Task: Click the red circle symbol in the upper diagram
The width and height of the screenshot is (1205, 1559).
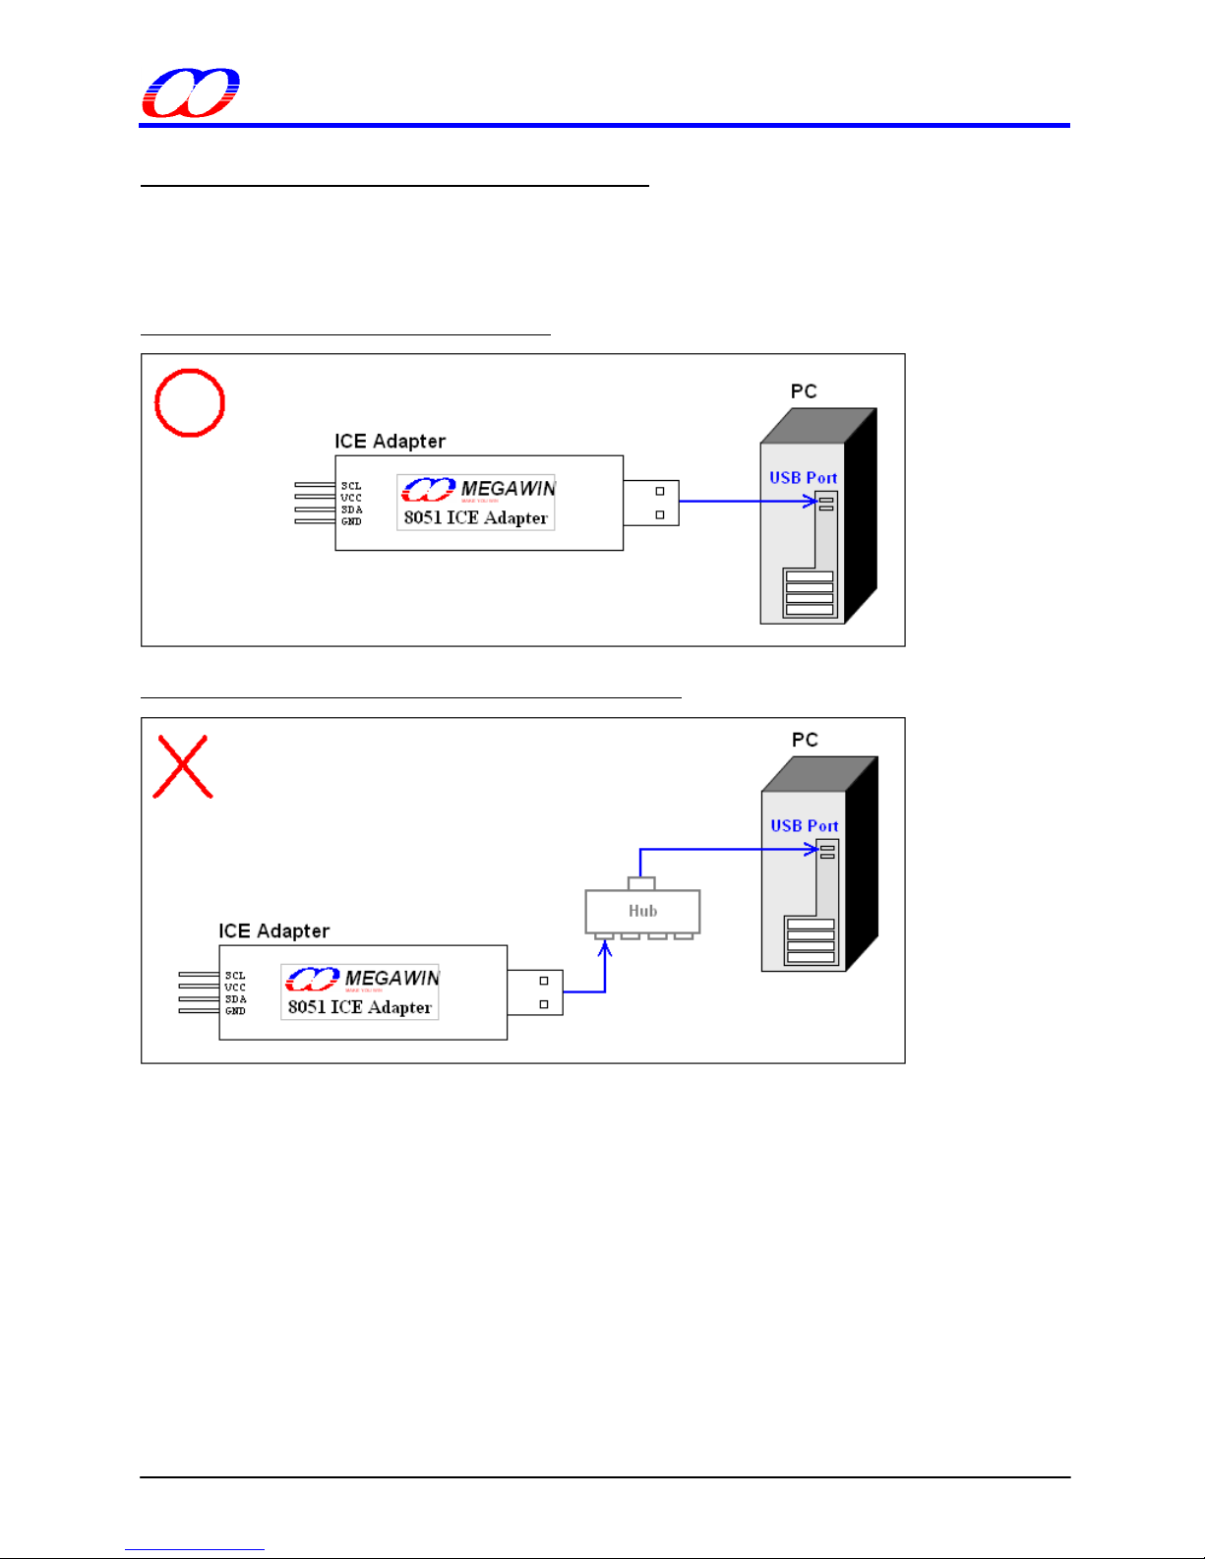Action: pos(190,402)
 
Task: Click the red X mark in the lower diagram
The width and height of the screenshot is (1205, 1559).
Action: pos(183,766)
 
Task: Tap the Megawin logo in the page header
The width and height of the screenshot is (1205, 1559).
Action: pos(191,93)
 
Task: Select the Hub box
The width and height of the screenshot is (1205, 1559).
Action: pos(642,911)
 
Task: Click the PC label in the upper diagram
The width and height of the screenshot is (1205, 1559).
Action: pos(804,391)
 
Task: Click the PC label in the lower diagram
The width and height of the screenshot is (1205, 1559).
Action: pos(805,740)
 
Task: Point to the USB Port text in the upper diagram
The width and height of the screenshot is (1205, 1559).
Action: pos(803,478)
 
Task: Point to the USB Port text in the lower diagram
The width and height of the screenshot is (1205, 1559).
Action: pos(804,826)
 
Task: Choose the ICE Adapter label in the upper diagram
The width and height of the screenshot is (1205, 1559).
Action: pos(390,442)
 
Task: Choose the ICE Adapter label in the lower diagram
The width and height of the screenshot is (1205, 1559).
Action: pos(273,931)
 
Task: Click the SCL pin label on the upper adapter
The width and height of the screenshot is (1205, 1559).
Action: pos(351,486)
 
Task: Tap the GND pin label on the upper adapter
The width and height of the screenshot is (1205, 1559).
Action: pos(351,521)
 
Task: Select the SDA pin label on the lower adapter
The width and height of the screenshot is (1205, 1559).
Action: pos(235,999)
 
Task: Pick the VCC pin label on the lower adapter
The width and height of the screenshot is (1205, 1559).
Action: pos(235,988)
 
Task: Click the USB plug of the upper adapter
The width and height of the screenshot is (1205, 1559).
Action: pos(650,503)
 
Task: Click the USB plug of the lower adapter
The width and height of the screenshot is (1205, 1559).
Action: pos(535,992)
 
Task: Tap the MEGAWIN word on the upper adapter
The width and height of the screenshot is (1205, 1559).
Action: pos(508,489)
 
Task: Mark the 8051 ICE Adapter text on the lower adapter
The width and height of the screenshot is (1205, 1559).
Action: pos(359,1007)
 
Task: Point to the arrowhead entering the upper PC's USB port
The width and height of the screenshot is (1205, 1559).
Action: pos(811,502)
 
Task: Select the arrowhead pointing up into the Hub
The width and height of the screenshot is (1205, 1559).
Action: pos(605,948)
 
